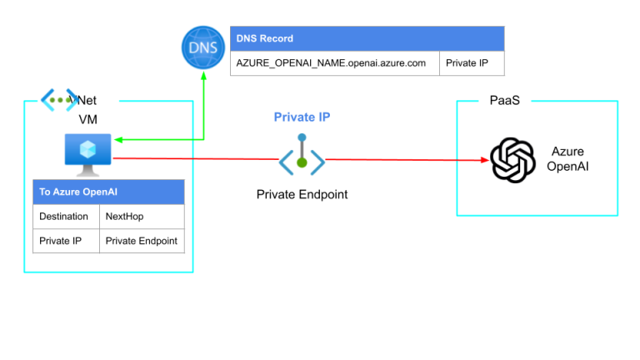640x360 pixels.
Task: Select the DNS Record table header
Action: pyautogui.click(x=367, y=38)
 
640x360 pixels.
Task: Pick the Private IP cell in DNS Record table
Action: pyautogui.click(x=471, y=63)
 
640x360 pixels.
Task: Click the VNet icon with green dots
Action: pyautogui.click(x=60, y=100)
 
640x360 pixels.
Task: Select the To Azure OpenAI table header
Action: pyautogui.click(x=107, y=192)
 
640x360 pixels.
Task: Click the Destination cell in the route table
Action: pyautogui.click(x=65, y=217)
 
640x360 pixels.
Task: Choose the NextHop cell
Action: pyautogui.click(x=141, y=217)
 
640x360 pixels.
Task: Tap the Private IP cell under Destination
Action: pyautogui.click(x=65, y=241)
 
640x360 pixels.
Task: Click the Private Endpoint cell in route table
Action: pyautogui.click(x=141, y=241)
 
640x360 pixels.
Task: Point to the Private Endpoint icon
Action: pyautogui.click(x=302, y=157)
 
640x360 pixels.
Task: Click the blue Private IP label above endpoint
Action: pyautogui.click(x=302, y=117)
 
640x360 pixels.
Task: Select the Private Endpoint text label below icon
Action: pyautogui.click(x=302, y=194)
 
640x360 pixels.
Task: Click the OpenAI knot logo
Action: pyautogui.click(x=512, y=159)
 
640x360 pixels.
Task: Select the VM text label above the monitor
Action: pyautogui.click(x=87, y=119)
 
